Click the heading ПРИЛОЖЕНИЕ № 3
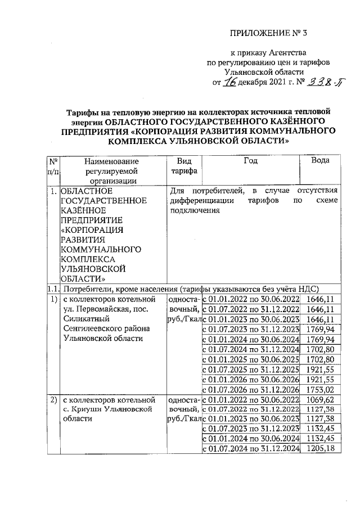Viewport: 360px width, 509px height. [270, 33]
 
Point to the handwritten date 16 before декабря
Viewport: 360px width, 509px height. [229, 83]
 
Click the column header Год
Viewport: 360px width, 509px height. [250, 160]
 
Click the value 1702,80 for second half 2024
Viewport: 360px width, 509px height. [321, 349]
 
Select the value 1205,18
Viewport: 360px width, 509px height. [321, 448]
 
